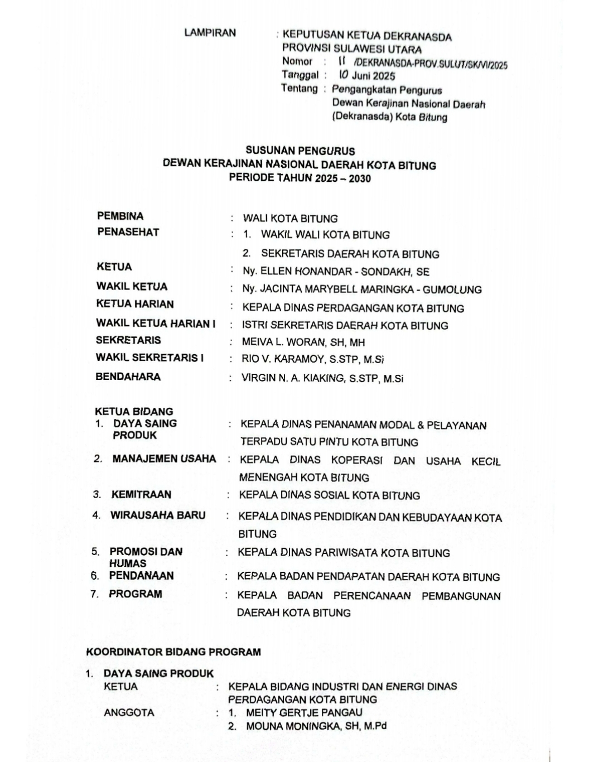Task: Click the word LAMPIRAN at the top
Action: [210, 33]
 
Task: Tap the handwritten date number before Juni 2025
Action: [343, 74]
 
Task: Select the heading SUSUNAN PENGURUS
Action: [300, 151]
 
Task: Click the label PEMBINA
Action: [120, 216]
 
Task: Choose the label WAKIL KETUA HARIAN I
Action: [156, 323]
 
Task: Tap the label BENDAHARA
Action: [128, 377]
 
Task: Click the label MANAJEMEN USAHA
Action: [164, 459]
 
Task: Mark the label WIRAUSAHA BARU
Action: [158, 515]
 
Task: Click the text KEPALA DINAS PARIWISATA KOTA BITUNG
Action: [344, 553]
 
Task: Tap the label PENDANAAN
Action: [141, 575]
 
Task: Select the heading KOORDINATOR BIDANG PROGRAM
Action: [173, 652]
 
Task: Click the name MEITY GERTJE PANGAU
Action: [304, 712]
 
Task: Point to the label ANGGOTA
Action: [129, 712]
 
